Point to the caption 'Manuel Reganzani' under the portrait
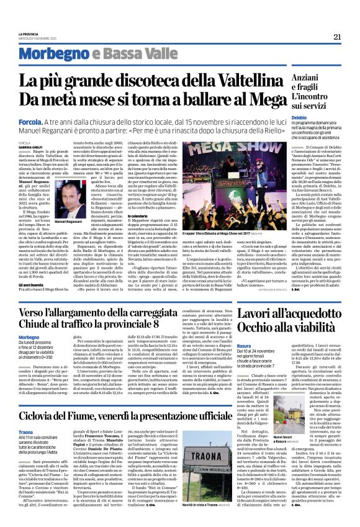point(68,221)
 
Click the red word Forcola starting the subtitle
point(30,124)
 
